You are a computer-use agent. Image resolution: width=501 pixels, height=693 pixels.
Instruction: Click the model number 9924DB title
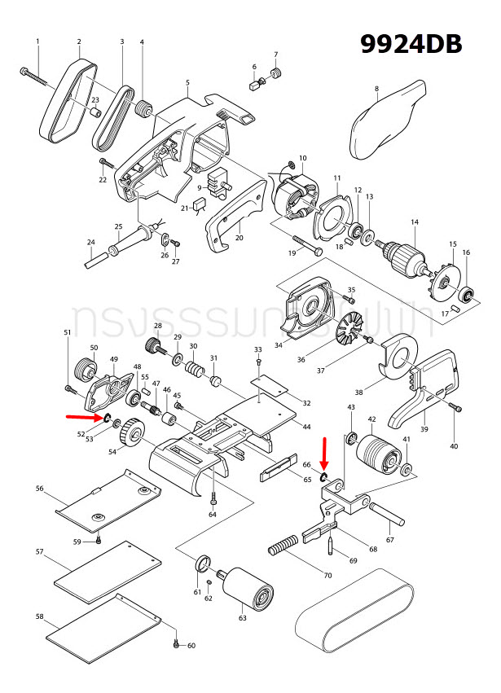[x=412, y=42]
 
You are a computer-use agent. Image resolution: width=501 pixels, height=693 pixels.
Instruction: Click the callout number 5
[x=187, y=82]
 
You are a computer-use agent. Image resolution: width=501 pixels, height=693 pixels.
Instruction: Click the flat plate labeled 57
[x=108, y=572]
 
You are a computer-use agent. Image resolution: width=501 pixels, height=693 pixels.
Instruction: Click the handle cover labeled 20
[x=232, y=213]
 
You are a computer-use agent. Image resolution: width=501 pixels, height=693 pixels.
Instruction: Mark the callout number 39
[x=424, y=428]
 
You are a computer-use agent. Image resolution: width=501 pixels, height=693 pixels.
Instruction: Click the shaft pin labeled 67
[x=389, y=515]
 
